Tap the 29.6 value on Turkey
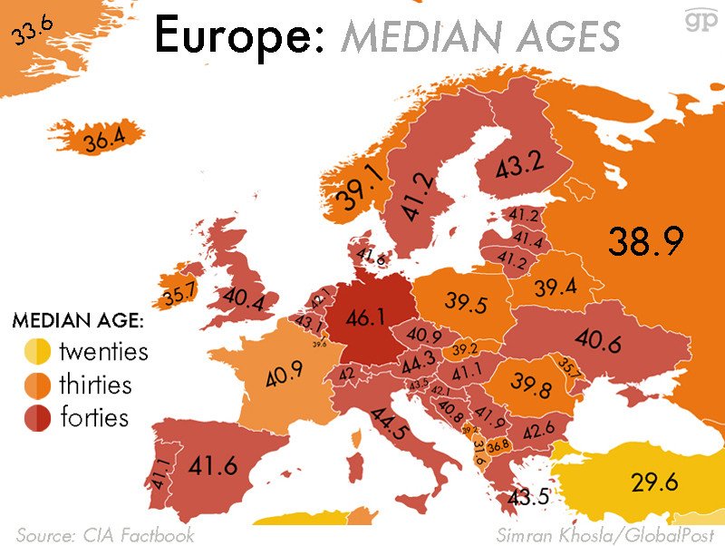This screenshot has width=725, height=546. (654, 482)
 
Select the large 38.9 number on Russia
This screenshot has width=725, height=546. (644, 241)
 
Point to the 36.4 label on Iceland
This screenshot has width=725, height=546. (102, 141)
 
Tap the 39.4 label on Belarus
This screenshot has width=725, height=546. (556, 288)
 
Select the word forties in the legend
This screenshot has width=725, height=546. (94, 417)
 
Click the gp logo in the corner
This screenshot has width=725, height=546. (699, 19)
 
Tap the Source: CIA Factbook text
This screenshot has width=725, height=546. (105, 534)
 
